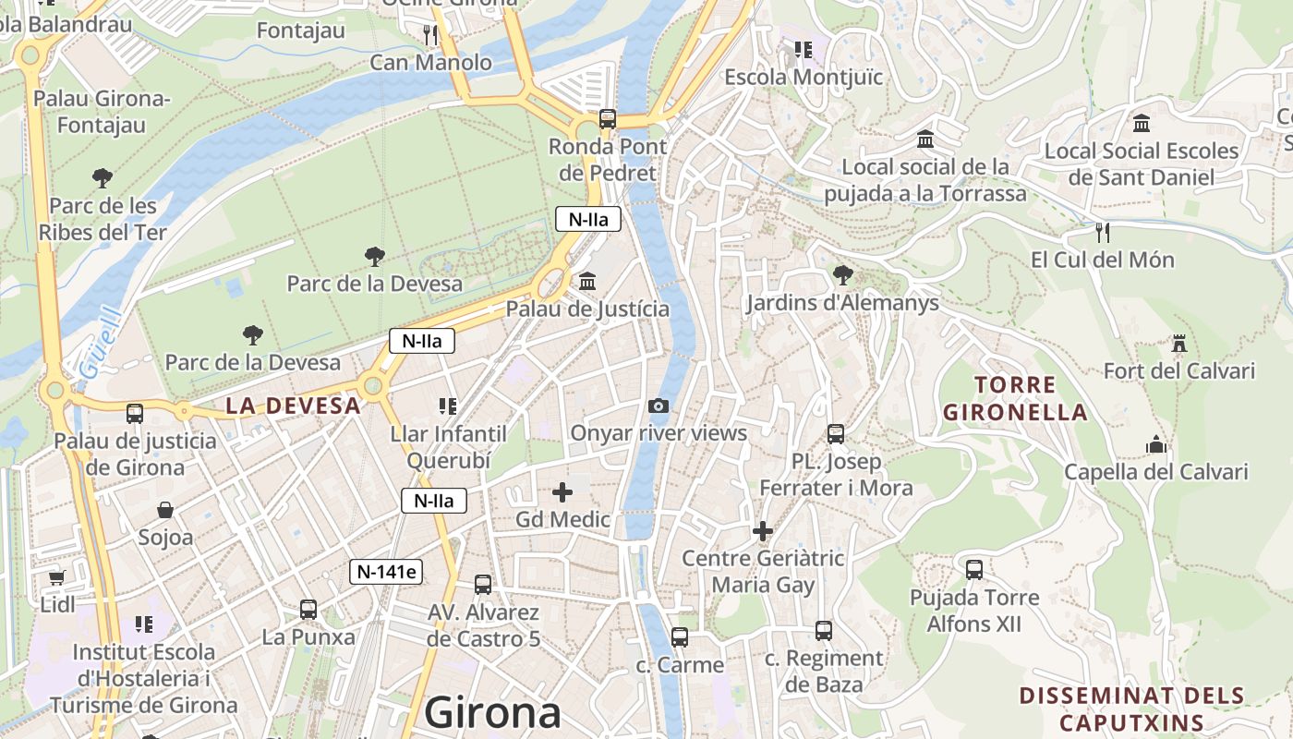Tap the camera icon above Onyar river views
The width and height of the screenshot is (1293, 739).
point(659,406)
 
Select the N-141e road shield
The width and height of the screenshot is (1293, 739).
point(387,572)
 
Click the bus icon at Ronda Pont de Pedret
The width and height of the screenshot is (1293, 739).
point(607,118)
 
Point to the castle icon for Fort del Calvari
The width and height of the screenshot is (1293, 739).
point(1178,345)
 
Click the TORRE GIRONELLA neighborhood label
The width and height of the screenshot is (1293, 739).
point(1015,398)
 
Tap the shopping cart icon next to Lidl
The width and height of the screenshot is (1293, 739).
point(57,577)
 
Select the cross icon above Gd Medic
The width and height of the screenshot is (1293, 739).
point(562,492)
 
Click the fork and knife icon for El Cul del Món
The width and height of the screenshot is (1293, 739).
point(1102,232)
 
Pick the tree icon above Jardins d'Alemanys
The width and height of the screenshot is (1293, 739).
point(841,274)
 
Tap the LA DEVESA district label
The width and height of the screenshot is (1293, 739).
point(293,406)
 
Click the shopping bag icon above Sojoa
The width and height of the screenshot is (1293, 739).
point(165,510)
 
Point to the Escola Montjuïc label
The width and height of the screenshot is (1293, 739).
point(804,78)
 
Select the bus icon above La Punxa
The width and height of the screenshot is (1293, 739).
point(308,610)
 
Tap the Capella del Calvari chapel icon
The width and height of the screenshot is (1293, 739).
point(1155,445)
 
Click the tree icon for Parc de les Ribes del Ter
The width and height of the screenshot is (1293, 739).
point(103,177)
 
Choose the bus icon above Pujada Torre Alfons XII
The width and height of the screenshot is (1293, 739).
point(974,569)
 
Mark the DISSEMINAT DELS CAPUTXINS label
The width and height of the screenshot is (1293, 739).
point(1131,709)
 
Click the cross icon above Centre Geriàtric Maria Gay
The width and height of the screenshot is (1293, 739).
point(763,531)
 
